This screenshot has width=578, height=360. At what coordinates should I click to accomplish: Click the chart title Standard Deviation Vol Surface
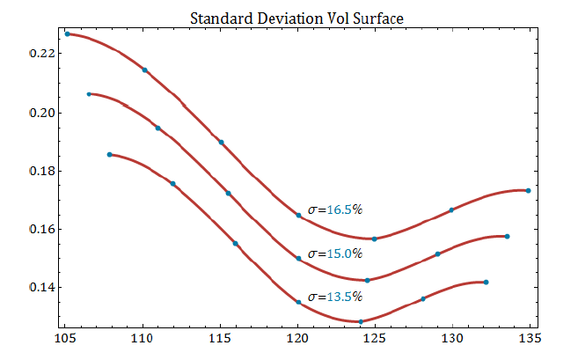[289, 18]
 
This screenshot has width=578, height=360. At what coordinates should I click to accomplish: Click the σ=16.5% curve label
[334, 209]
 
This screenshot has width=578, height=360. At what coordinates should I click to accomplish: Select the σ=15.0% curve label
[334, 253]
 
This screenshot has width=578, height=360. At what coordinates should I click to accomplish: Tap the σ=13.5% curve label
[334, 297]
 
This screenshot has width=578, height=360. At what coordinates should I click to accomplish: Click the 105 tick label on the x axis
[65, 335]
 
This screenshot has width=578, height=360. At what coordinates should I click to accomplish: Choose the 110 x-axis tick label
[143, 335]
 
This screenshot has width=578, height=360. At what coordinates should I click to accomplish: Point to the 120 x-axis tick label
[297, 335]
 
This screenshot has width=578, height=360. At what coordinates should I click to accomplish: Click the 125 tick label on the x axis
[375, 335]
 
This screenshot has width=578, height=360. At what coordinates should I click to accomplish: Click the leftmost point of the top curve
[68, 33]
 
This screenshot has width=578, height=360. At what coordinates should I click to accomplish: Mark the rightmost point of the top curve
[528, 190]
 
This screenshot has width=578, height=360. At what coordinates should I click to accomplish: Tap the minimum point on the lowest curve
[361, 321]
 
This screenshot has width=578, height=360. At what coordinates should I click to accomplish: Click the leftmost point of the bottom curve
[110, 154]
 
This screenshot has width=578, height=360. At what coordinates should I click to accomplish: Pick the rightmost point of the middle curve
[508, 236]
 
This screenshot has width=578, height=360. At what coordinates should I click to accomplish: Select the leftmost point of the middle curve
[89, 93]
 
